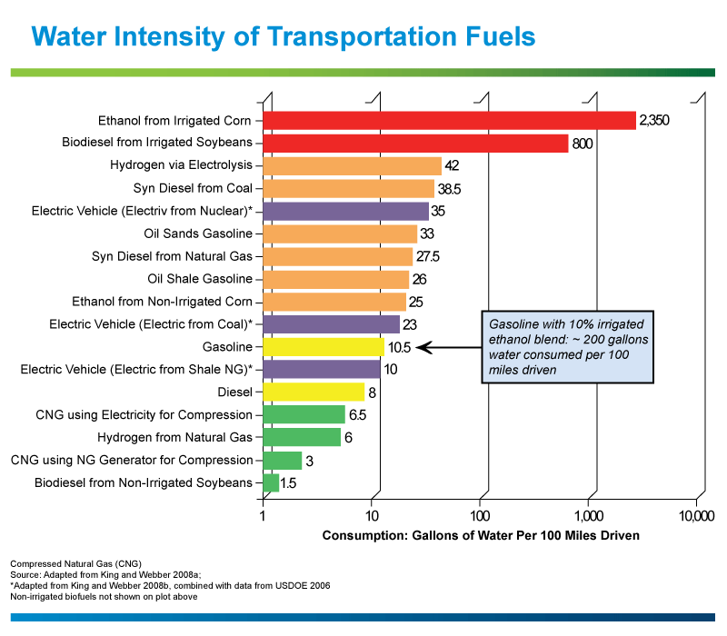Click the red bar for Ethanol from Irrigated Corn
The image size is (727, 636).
[449, 121]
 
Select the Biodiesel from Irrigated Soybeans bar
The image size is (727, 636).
[415, 144]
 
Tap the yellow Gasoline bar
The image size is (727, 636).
[324, 347]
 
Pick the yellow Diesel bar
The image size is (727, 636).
[314, 393]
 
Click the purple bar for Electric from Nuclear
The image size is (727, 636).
[346, 212]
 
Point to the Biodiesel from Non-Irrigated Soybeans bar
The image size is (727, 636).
[271, 482]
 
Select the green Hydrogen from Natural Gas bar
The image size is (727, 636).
[302, 437]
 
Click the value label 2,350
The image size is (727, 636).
[654, 121]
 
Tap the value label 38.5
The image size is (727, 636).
[449, 189]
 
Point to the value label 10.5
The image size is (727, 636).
[399, 347]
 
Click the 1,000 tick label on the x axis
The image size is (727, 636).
[589, 516]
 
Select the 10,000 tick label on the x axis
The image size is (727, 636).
[696, 516]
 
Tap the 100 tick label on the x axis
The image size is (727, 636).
[480, 516]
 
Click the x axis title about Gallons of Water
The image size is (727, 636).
[481, 535]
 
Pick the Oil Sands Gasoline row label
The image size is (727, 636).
[198, 234]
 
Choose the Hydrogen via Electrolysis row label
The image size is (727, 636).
[181, 165]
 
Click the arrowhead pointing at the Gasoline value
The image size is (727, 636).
[423, 347]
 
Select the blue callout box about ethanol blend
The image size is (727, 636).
[567, 347]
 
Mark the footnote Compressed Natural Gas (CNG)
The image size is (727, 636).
[76, 563]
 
